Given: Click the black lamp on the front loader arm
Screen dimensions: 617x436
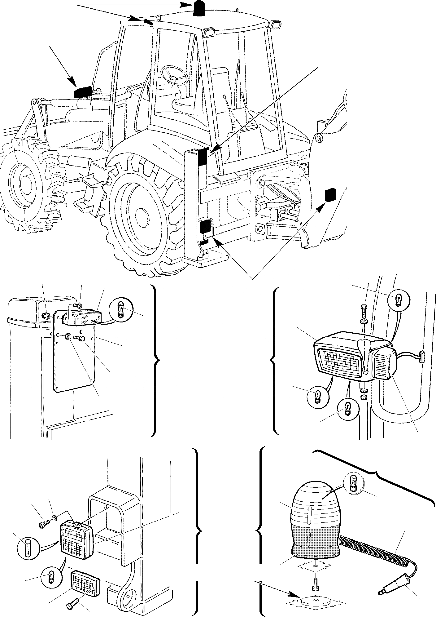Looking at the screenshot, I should (82, 92).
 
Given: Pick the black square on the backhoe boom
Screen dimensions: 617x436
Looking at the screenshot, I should (330, 195).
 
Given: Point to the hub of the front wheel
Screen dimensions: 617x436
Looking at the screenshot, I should (22, 186).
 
